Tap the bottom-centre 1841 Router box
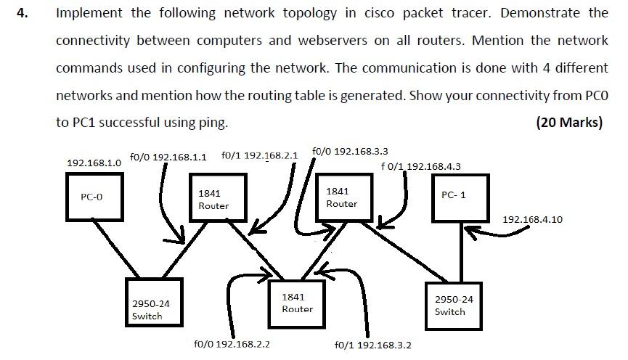(x=298, y=303)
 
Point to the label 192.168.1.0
(x=94, y=163)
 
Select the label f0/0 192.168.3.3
(x=350, y=151)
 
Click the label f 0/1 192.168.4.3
(x=420, y=166)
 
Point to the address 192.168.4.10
(x=532, y=219)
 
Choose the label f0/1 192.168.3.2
(x=373, y=345)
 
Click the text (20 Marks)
(x=568, y=122)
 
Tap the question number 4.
(x=23, y=13)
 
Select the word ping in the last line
(x=212, y=123)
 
